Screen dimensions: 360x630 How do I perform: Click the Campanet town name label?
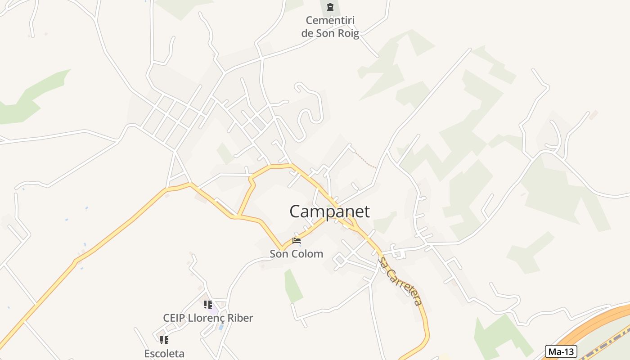(329, 211)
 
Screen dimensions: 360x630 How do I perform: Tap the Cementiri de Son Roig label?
(330, 27)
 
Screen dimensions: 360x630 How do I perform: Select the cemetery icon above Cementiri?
(330, 7)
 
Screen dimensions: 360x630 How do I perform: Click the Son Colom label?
(296, 254)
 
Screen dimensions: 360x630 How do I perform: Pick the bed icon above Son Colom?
(296, 241)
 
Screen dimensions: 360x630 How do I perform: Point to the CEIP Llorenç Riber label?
(208, 318)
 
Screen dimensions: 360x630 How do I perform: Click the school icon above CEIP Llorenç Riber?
(207, 305)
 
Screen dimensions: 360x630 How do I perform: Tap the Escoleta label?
(164, 354)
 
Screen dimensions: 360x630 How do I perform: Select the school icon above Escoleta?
(164, 340)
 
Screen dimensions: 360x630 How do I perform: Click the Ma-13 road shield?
(561, 351)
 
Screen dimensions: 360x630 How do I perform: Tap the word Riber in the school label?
(239, 318)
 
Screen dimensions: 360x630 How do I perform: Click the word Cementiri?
(330, 20)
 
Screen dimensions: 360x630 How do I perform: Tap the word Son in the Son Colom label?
(279, 254)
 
